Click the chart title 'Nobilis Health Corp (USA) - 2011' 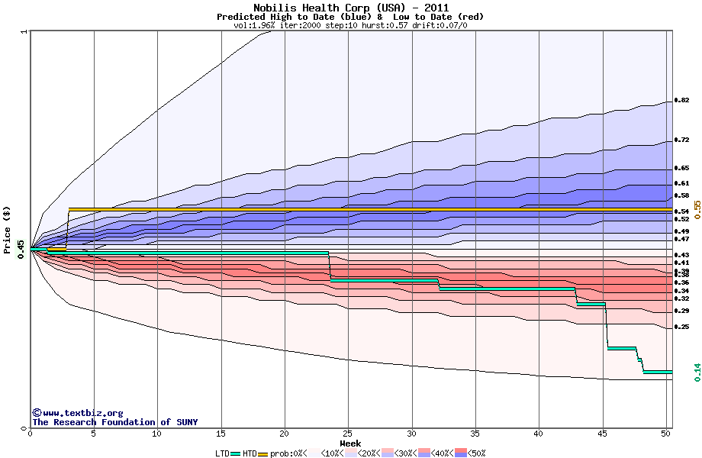[350, 8]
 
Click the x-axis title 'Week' [350, 443]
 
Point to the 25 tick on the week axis [348, 434]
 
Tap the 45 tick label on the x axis [603, 434]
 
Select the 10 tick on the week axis [157, 434]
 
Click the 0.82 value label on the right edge [681, 100]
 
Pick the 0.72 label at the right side [681, 140]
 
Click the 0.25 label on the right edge [681, 327]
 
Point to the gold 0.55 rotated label [697, 211]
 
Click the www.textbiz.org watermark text [77, 413]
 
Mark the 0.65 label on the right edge [681, 167]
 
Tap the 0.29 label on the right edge [681, 311]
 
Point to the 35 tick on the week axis [475, 434]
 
